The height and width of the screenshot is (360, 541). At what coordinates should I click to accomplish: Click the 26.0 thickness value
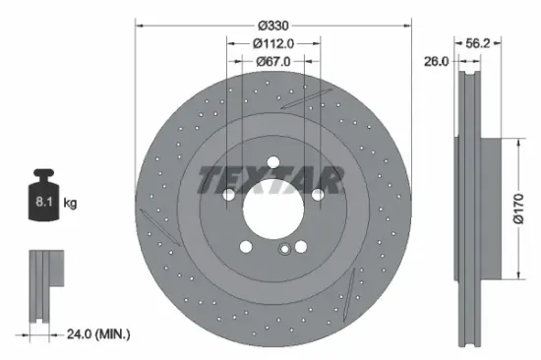click(x=436, y=61)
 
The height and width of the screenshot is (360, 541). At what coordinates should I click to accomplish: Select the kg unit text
click(x=70, y=204)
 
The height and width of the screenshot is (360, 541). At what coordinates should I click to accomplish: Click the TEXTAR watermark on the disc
click(x=270, y=179)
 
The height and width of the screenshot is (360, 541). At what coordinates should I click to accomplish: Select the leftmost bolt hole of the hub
click(x=228, y=195)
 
